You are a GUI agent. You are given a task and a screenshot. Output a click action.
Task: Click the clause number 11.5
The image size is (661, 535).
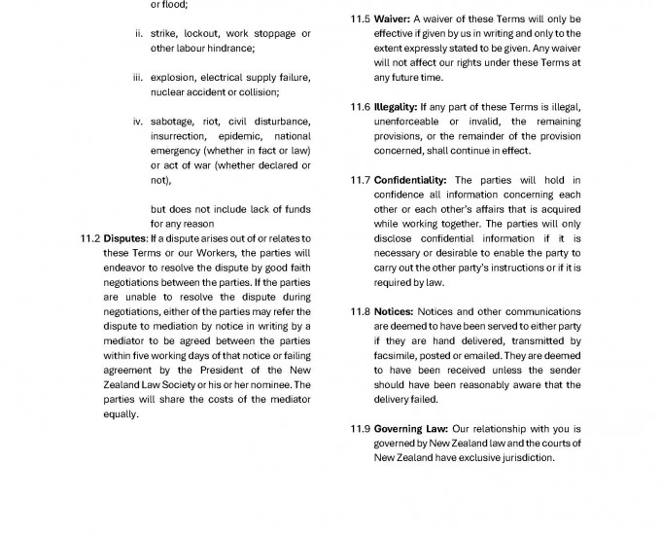coord(359,19)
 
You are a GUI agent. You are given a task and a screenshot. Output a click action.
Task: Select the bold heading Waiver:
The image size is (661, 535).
coord(394,19)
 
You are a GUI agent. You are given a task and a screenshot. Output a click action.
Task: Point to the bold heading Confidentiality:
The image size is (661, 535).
coord(410,180)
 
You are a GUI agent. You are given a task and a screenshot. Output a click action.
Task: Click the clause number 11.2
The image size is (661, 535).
coord(89,238)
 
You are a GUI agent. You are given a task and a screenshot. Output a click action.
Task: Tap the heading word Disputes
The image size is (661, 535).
coord(123,238)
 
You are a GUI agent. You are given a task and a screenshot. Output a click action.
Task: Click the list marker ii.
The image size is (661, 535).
coord(138,34)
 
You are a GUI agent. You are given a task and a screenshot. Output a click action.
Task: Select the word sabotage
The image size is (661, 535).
coord(173,122)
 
